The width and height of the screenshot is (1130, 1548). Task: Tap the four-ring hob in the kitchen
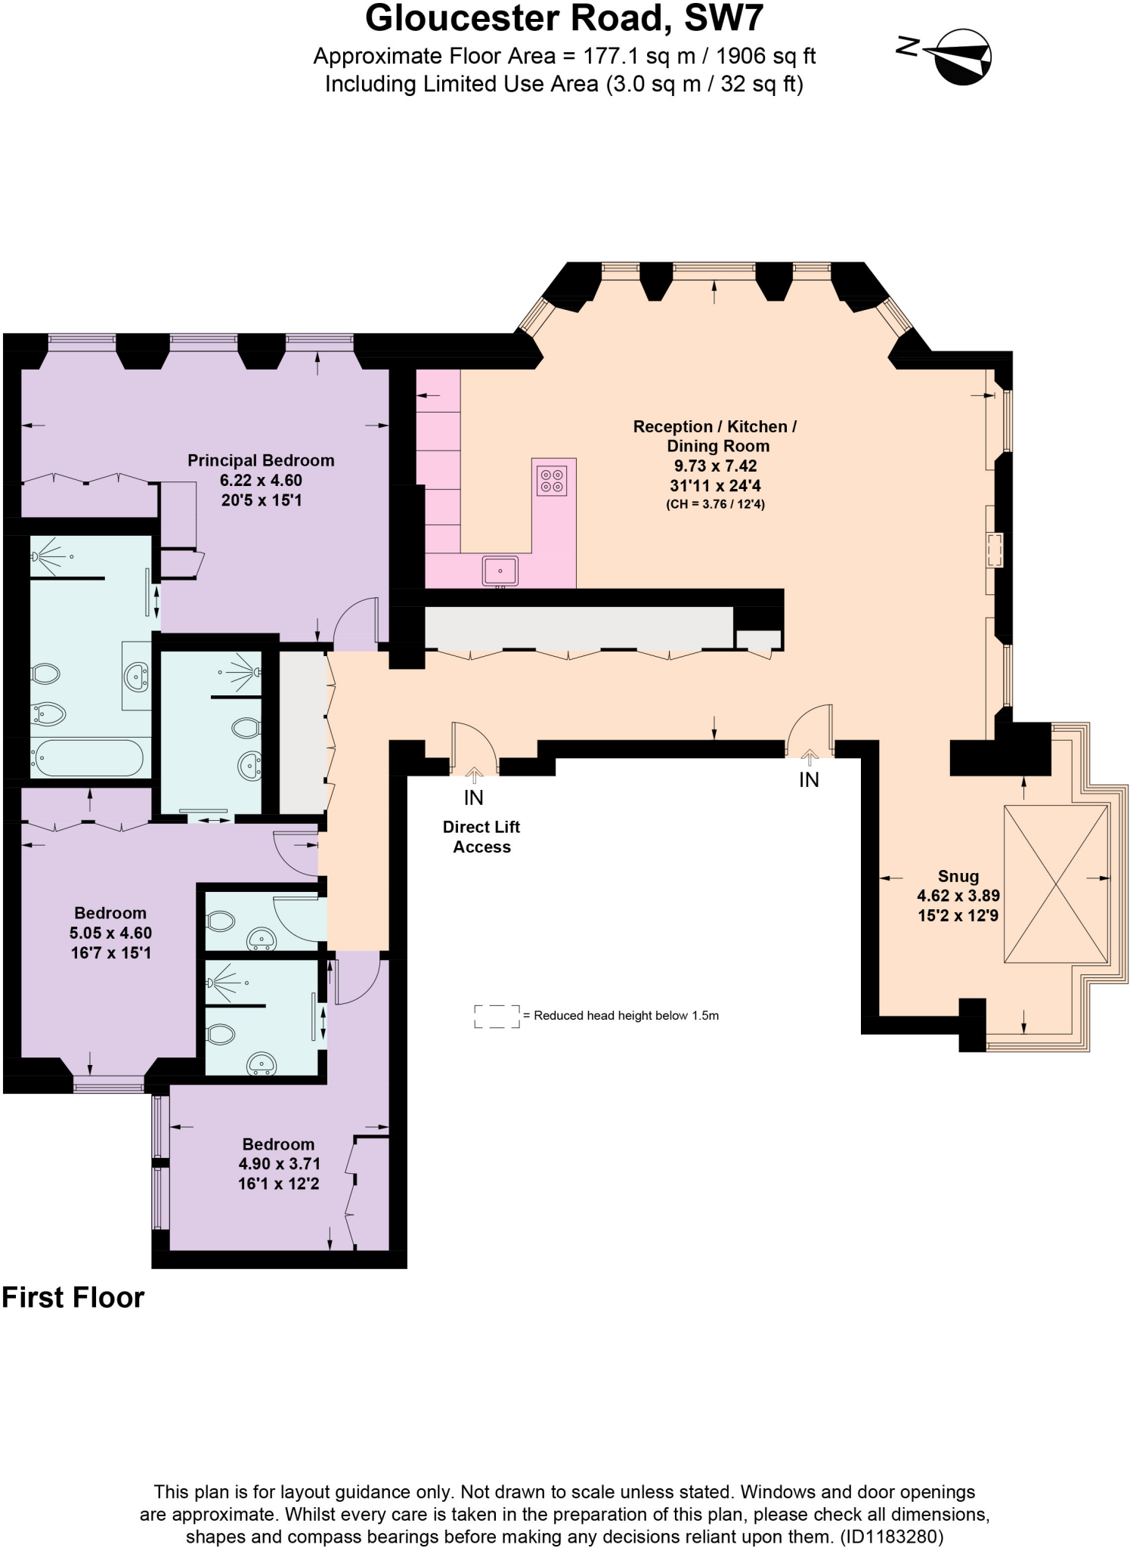click(552, 481)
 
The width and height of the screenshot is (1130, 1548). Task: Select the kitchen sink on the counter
click(500, 570)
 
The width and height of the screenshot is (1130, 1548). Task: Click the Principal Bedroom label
click(261, 460)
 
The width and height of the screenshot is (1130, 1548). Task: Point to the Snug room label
click(958, 876)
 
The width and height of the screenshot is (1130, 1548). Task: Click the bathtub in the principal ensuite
click(87, 757)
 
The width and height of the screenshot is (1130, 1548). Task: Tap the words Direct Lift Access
click(481, 837)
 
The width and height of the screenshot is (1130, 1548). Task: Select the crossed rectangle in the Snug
click(1056, 884)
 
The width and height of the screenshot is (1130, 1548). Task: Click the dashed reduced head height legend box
click(497, 1016)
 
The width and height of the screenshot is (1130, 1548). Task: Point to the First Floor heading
click(73, 1297)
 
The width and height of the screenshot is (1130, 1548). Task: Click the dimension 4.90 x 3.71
click(279, 1164)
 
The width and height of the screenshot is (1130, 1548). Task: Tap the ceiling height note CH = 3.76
click(715, 504)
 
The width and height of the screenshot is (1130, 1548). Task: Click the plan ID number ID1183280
click(891, 1537)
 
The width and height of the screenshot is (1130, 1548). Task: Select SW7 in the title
click(723, 18)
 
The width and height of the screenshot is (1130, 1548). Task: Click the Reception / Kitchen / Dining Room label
click(715, 436)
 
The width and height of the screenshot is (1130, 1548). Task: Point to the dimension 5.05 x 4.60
click(110, 933)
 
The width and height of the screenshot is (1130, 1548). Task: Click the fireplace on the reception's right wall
click(995, 550)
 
